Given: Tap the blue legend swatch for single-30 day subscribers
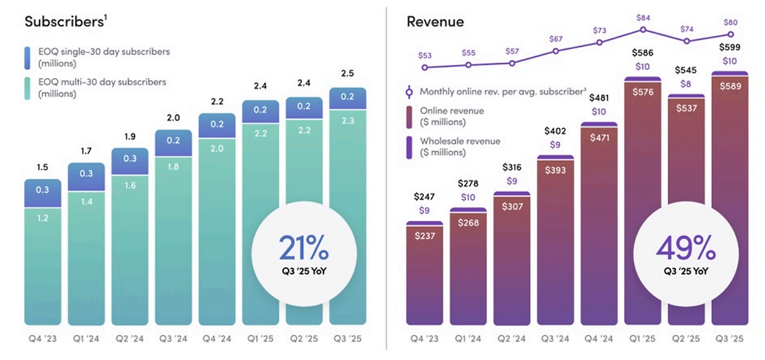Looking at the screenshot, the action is click(x=28, y=58).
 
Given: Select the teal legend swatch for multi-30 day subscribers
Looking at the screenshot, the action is click(x=28, y=87).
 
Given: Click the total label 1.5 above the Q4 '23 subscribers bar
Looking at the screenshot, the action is click(x=42, y=169).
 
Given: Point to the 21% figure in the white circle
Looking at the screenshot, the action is click(x=304, y=248).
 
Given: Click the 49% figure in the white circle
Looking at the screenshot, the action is click(x=685, y=248).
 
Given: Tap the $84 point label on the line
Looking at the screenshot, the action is click(x=643, y=18).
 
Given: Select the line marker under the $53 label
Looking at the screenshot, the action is click(x=425, y=68).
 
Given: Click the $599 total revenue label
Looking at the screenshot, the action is click(x=731, y=48).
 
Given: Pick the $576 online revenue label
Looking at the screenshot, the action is click(x=643, y=91).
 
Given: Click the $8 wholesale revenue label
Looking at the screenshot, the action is click(x=686, y=84).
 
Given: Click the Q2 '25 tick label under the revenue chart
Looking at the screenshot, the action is click(x=686, y=339).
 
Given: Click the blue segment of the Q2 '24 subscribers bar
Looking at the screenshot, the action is click(x=130, y=161).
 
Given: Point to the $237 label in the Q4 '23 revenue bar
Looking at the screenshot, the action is click(x=425, y=236).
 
